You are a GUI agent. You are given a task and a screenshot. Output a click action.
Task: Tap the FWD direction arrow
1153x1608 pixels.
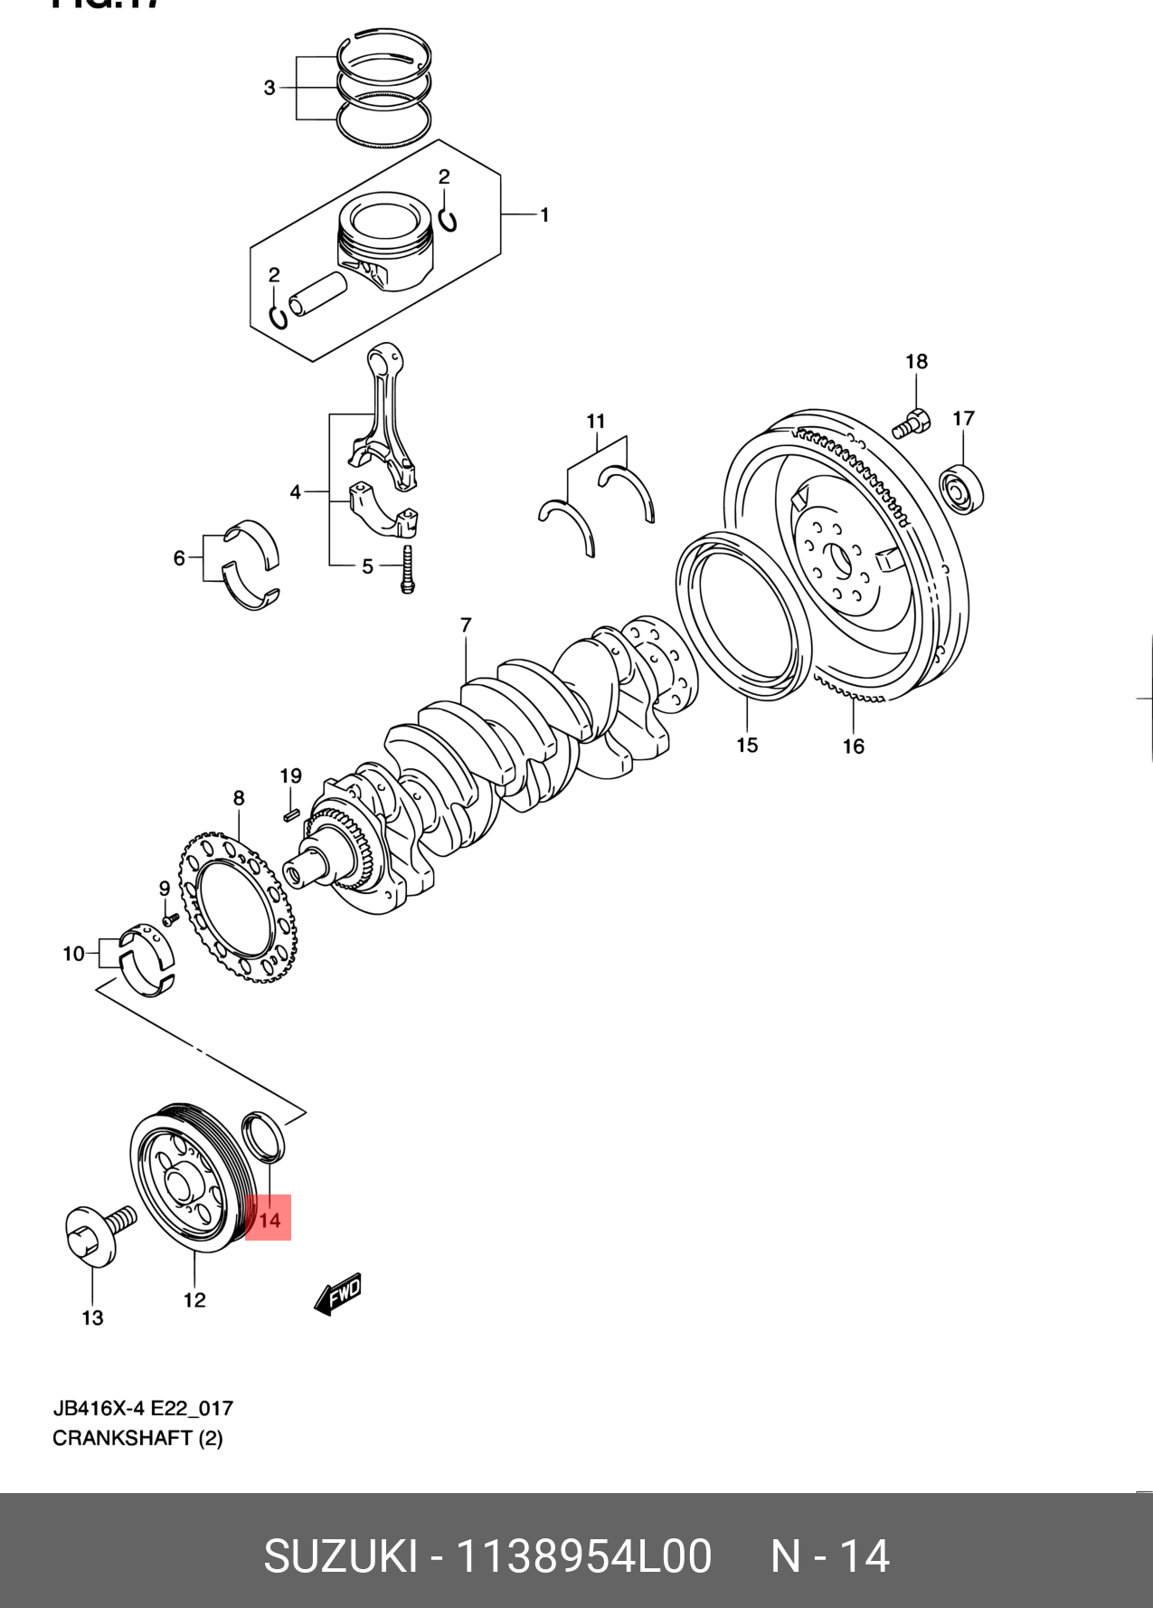[x=338, y=1295]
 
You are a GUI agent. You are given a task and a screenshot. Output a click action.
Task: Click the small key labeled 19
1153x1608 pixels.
[x=290, y=815]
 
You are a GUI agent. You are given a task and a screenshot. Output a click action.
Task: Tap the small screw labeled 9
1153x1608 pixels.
[x=167, y=920]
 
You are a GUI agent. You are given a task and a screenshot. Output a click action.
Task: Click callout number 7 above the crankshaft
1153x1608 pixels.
[x=465, y=625]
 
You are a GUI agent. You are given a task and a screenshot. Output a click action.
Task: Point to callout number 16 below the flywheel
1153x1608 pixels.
[x=854, y=746]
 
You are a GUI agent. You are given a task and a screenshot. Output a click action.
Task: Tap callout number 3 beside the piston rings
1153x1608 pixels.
[x=269, y=88]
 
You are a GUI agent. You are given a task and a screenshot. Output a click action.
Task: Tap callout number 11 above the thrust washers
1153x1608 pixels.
[x=595, y=421]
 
